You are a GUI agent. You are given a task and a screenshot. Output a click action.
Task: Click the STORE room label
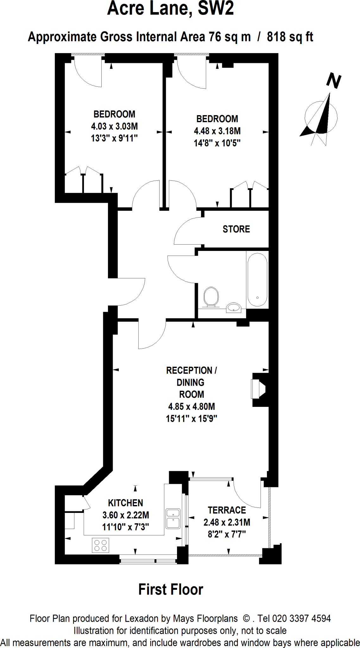pyautogui.click(x=236, y=229)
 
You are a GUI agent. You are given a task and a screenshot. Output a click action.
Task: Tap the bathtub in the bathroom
pyautogui.click(x=257, y=279)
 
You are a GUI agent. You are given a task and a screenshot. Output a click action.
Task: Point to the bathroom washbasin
pyautogui.click(x=234, y=307)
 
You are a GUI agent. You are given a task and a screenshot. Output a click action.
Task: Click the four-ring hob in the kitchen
pyautogui.click(x=100, y=545)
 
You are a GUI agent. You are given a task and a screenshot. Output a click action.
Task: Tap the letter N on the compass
pyautogui.click(x=333, y=81)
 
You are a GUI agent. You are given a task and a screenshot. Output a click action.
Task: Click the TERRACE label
pyautogui.click(x=227, y=510)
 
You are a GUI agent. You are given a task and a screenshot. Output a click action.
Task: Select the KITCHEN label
pyautogui.click(x=125, y=503)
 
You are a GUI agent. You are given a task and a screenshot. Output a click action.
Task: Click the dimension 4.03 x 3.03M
pyautogui.click(x=114, y=126)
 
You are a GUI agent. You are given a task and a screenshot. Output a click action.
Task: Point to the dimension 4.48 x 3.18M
pyautogui.click(x=217, y=131)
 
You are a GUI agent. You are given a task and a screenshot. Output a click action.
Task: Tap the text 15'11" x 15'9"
pyautogui.click(x=191, y=419)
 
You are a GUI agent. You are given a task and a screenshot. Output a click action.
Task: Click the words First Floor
pyautogui.click(x=171, y=589)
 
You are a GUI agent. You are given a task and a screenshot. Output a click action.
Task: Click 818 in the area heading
pyautogui.click(x=276, y=37)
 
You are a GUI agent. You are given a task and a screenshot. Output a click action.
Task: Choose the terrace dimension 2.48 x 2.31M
pyautogui.click(x=227, y=522)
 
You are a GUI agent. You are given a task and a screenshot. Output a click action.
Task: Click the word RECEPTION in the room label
pyautogui.click(x=189, y=370)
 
